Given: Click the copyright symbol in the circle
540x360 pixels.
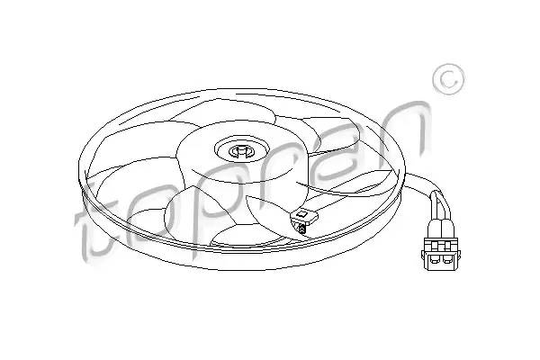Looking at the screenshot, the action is [448, 79].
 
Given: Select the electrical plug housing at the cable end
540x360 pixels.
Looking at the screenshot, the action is [440, 254].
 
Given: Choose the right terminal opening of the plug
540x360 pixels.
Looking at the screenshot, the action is [447, 258].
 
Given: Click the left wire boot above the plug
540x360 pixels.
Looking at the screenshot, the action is [433, 229].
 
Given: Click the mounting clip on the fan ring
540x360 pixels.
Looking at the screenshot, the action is [304, 217].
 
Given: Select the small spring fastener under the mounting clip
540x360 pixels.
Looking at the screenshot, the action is [301, 229].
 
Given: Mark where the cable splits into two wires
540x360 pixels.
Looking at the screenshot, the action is [435, 195].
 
